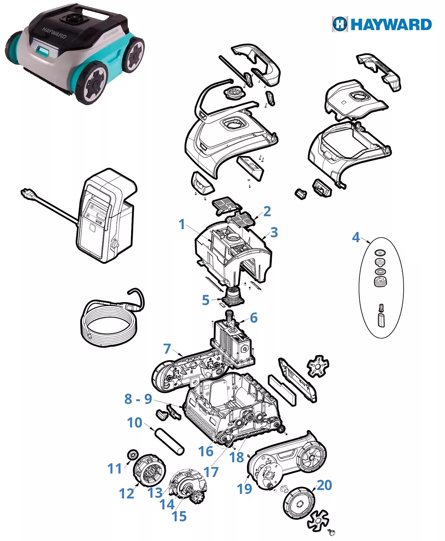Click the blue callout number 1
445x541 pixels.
point(182,224)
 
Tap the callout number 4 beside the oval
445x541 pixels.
point(356,237)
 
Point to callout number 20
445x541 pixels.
point(324,485)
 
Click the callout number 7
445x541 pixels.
point(167,348)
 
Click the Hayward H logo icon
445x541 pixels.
point(340,24)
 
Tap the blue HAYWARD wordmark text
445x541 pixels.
point(391,25)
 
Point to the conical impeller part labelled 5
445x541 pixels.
point(234,296)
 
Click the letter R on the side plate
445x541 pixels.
point(192,372)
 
